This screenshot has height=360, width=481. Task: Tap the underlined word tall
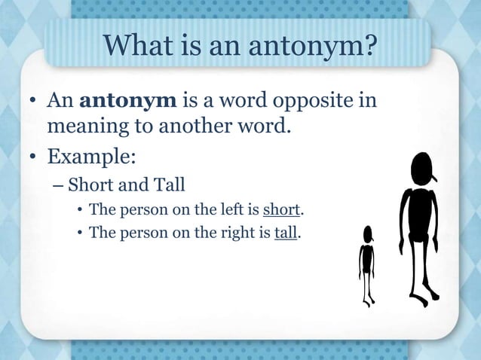[286, 233]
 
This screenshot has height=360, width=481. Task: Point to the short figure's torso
[367, 258]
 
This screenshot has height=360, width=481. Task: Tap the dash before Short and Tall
[58, 185]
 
